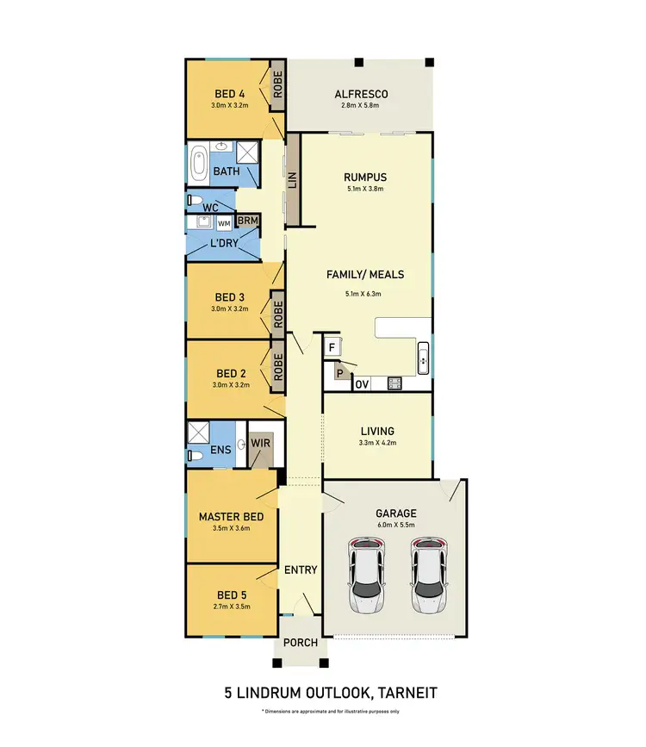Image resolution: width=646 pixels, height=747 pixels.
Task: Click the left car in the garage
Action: pos(365,576)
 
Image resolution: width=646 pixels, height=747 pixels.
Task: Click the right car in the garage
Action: pos(428,576)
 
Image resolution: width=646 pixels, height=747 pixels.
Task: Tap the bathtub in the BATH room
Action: pos(199,162)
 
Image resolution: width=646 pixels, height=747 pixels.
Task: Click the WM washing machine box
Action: pos(224,223)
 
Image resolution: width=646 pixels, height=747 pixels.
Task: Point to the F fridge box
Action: pos(332,347)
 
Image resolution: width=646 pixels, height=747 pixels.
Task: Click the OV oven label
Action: pos(363,383)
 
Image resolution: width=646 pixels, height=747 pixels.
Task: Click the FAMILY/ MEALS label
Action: pos(364,275)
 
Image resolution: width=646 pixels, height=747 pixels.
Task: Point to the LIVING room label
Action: pos(377,431)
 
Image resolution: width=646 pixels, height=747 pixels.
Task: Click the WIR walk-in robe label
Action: pos(260,444)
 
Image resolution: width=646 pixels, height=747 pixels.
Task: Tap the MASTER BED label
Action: pos(225,517)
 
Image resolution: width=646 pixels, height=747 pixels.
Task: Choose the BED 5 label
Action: pos(225,595)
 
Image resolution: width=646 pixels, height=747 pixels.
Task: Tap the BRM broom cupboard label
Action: pos(248,221)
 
